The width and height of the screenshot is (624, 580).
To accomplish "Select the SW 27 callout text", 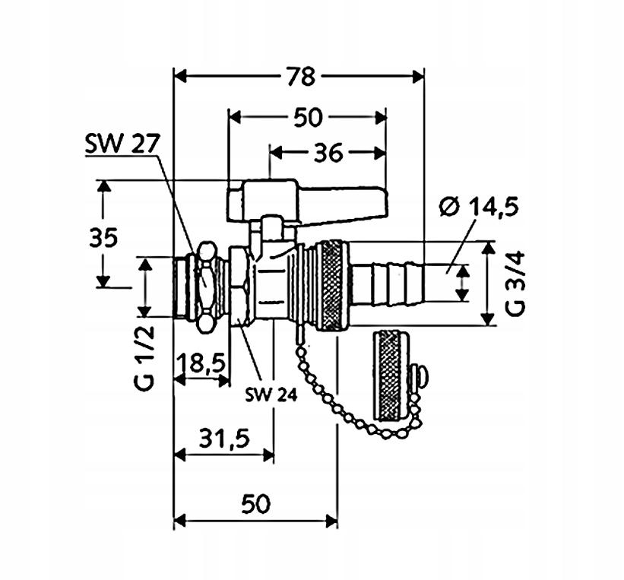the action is tap(122, 144).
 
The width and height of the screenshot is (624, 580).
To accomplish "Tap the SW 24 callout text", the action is tap(271, 395).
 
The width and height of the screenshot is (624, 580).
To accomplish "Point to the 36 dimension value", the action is tap(328, 153).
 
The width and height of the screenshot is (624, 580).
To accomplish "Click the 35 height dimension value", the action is tap(103, 238).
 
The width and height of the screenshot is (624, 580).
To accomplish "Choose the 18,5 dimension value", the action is tap(201, 363).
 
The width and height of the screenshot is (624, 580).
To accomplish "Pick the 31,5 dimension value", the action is tap(224, 439).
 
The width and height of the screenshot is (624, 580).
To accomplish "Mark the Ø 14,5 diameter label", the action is tap(479, 207).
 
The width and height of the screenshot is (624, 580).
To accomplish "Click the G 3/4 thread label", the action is tap(516, 284).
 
